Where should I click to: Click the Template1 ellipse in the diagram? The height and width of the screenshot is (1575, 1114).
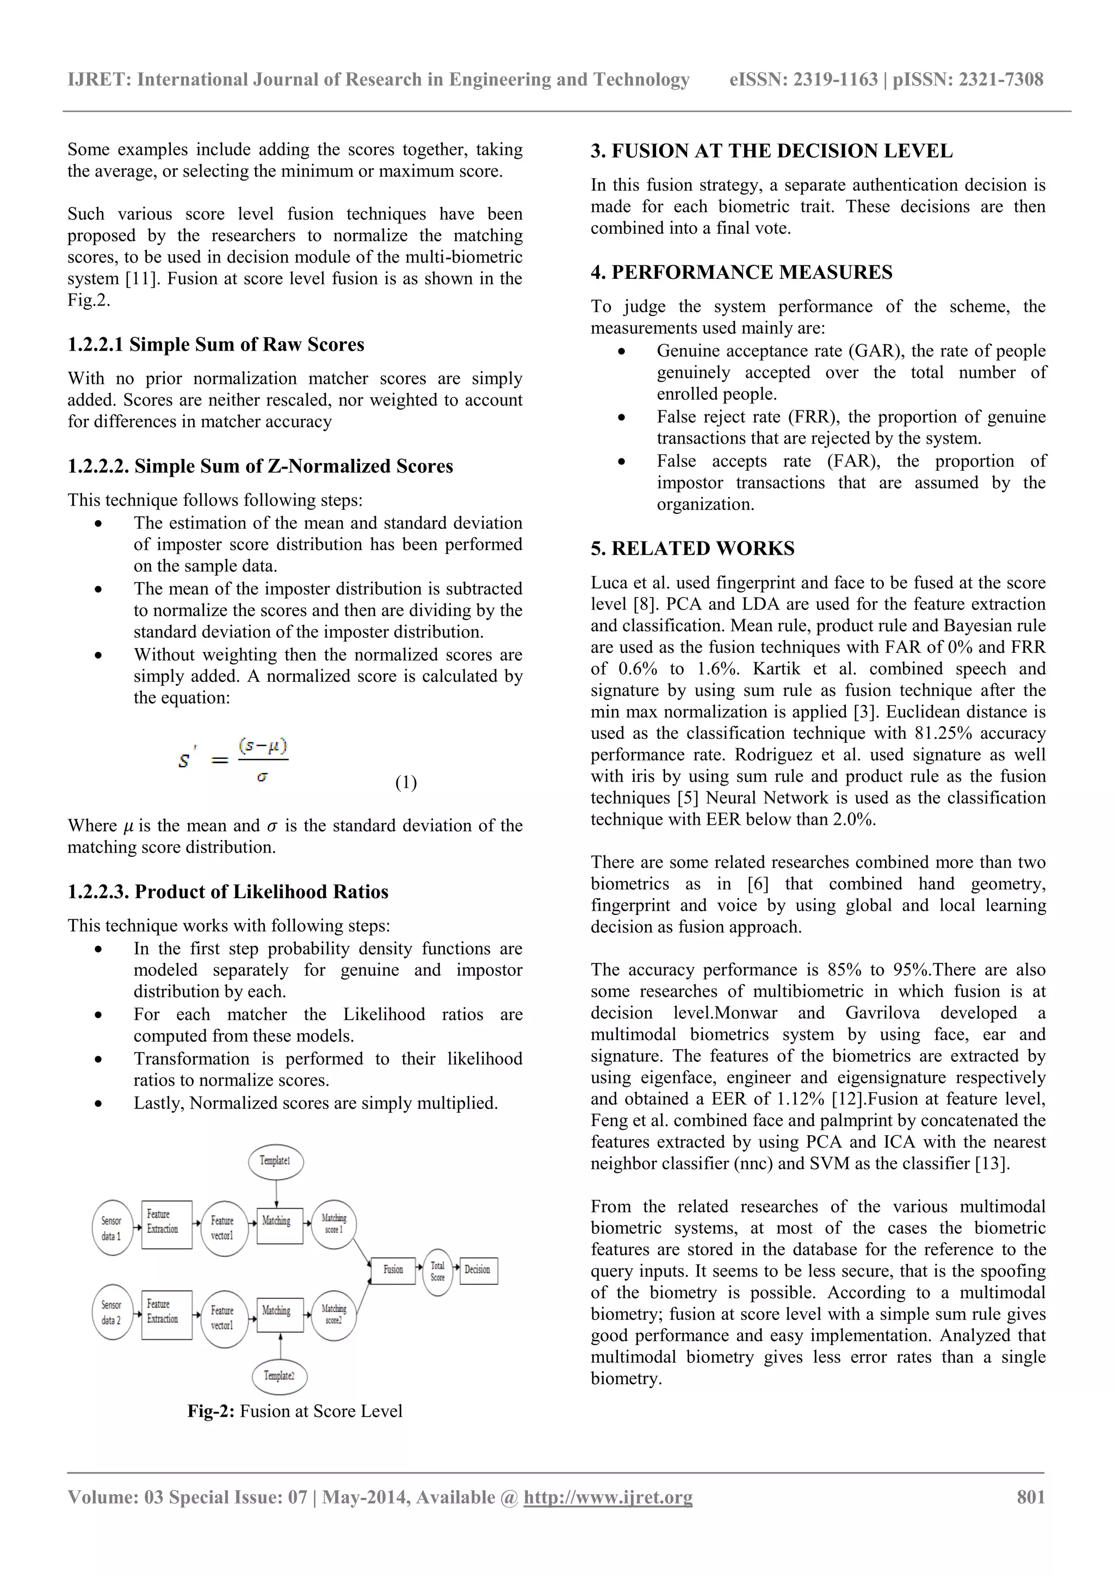click(275, 1161)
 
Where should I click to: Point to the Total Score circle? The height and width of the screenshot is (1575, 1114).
click(438, 1271)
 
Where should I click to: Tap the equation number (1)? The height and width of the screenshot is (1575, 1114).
click(406, 783)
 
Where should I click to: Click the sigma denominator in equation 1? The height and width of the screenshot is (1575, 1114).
click(262, 778)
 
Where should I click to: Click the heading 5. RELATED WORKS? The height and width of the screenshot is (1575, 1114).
click(692, 548)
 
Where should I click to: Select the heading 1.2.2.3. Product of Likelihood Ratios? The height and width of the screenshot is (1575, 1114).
click(228, 892)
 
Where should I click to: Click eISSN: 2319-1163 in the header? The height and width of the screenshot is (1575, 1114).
click(803, 79)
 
